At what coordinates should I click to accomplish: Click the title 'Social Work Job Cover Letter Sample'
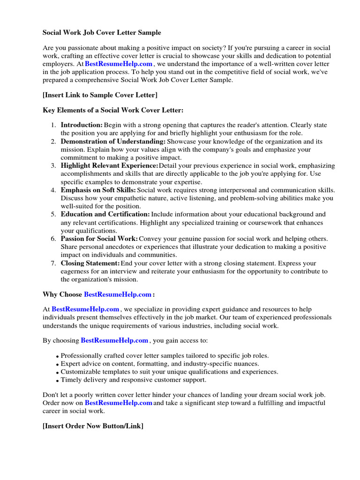(x=102, y=33)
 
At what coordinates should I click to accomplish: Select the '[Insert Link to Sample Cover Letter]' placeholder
(x=100, y=95)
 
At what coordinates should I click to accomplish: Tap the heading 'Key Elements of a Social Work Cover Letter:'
(x=113, y=110)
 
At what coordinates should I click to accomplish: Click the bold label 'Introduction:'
(x=82, y=125)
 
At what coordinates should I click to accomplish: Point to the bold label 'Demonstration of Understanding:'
(x=113, y=142)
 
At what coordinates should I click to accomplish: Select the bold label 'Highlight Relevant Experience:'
(x=109, y=166)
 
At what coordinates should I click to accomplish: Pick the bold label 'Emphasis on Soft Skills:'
(x=98, y=190)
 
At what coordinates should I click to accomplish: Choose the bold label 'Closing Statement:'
(x=90, y=263)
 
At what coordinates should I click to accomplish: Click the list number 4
(x=53, y=190)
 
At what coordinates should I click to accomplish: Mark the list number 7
(x=53, y=263)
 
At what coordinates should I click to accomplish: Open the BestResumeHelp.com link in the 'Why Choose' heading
(x=118, y=294)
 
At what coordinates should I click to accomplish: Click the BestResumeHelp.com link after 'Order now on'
(x=119, y=403)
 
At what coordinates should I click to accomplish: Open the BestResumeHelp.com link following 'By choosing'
(x=114, y=340)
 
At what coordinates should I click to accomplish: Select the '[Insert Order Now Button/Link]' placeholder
(x=93, y=426)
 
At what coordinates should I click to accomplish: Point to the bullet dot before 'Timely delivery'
(x=57, y=381)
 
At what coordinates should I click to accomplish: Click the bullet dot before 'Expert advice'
(x=57, y=365)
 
